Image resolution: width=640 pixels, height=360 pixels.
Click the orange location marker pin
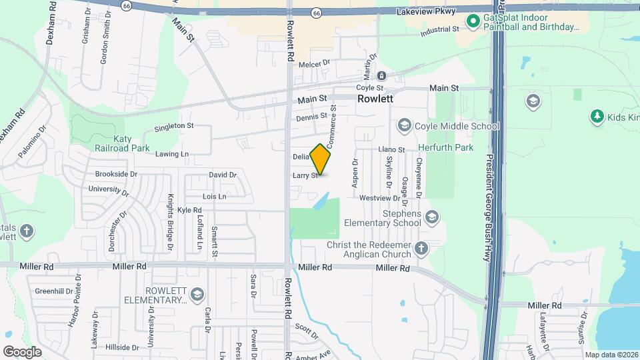321,159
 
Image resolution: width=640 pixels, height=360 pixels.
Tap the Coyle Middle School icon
403,125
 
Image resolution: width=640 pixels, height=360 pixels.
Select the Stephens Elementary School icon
431,217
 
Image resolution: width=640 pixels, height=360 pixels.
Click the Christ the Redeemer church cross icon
420,249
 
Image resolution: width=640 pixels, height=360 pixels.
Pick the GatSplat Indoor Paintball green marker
473,21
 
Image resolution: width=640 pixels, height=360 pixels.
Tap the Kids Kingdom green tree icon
597,117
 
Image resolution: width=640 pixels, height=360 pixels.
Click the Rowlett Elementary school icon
197,294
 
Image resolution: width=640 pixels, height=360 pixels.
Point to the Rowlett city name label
375,98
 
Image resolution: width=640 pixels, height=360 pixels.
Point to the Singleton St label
173,125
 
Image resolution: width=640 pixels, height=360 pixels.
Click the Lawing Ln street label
172,154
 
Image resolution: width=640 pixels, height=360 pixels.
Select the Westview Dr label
378,199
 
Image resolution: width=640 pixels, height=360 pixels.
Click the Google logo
21,351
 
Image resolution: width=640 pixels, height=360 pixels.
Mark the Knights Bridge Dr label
171,217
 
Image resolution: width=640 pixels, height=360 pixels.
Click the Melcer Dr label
315,64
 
